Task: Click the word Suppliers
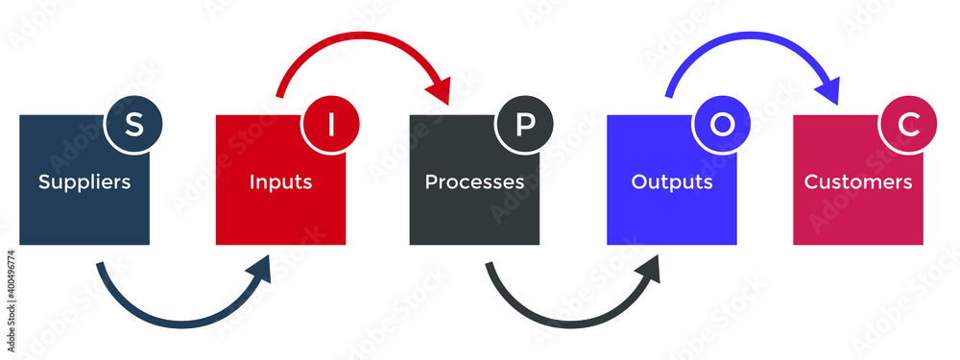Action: coord(84,181)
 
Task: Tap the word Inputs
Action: coord(280,181)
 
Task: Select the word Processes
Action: coord(474,181)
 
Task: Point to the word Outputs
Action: coord(672,181)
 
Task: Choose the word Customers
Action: coord(858,181)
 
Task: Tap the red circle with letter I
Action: coord(331,125)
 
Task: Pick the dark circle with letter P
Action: coord(524,125)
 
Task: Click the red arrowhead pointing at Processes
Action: coord(441,91)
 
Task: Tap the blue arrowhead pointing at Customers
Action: coord(828,91)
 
